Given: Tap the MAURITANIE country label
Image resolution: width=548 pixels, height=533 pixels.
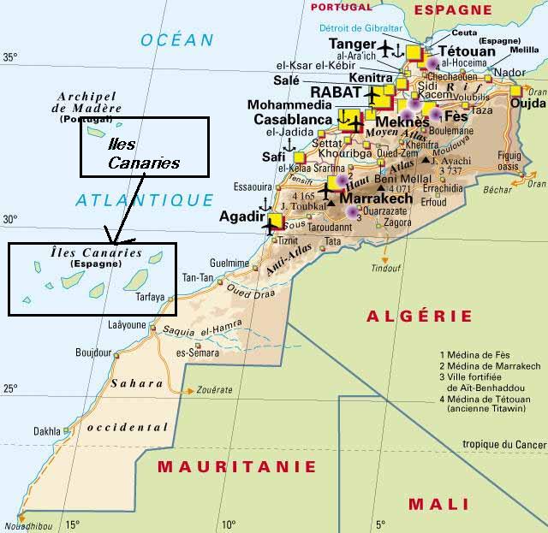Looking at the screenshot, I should [x=236, y=467].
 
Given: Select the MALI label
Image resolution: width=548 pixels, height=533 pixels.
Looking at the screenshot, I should [x=438, y=503].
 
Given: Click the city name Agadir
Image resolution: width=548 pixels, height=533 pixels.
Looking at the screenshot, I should [x=240, y=216].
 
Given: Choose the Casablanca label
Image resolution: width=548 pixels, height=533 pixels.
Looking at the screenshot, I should [x=292, y=120].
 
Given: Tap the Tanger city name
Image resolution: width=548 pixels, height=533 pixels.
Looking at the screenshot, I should [x=352, y=44].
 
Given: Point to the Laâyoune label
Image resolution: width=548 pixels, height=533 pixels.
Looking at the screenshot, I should [x=128, y=325].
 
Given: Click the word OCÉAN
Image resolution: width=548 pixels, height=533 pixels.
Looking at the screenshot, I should [x=177, y=39].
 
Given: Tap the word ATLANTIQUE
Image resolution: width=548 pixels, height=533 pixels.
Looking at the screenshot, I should [x=144, y=200].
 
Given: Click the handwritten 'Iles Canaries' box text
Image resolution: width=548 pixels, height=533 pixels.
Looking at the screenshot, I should [x=144, y=154].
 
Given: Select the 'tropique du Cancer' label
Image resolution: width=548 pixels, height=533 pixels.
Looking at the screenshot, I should [x=503, y=444].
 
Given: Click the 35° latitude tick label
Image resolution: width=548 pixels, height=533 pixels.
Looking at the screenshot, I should [x=9, y=58].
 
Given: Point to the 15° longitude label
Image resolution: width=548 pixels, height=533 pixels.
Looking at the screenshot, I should [x=73, y=524].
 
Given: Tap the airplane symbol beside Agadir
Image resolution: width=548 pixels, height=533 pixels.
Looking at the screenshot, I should [x=272, y=224].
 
